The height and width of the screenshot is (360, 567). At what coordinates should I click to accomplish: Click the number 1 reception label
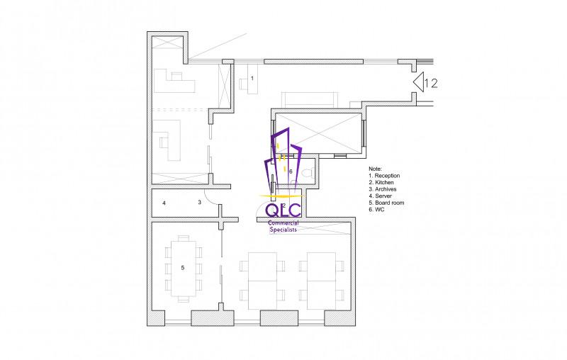pyautogui.click(x=252, y=78)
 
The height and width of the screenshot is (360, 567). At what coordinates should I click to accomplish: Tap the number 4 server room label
pyautogui.click(x=164, y=203)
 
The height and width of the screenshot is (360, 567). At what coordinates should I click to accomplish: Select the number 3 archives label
pyautogui.click(x=199, y=202)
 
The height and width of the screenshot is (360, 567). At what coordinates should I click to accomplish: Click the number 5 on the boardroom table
pyautogui.click(x=183, y=267)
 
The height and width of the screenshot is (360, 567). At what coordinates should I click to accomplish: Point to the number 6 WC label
pyautogui.click(x=291, y=171)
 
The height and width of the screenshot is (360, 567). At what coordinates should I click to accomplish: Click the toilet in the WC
pyautogui.click(x=307, y=173)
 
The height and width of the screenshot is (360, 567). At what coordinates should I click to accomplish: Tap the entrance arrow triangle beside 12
pyautogui.click(x=418, y=82)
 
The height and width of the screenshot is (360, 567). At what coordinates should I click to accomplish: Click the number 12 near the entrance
pyautogui.click(x=431, y=84)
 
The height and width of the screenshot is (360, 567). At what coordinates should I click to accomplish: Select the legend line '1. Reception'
pyautogui.click(x=384, y=176)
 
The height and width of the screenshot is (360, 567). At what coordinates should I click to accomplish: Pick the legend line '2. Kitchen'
pyautogui.click(x=381, y=183)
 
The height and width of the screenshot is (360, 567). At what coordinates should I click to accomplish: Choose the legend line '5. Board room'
pyautogui.click(x=386, y=203)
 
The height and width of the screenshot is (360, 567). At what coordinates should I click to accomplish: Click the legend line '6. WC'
pyautogui.click(x=376, y=210)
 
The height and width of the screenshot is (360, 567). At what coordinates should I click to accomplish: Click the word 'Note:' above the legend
pyautogui.click(x=375, y=169)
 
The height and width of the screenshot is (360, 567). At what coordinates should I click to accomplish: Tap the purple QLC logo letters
pyautogui.click(x=283, y=210)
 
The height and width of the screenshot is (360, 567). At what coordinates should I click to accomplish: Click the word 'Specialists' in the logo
pyautogui.click(x=283, y=230)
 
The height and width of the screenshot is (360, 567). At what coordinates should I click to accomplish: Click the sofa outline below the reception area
pyautogui.click(x=310, y=100)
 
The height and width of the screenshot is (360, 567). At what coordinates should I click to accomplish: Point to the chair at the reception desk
pyautogui.click(x=242, y=84)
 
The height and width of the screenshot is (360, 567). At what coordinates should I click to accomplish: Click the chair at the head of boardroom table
pyautogui.click(x=184, y=238)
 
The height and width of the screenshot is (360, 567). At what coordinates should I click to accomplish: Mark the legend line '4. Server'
pyautogui.click(x=380, y=196)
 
